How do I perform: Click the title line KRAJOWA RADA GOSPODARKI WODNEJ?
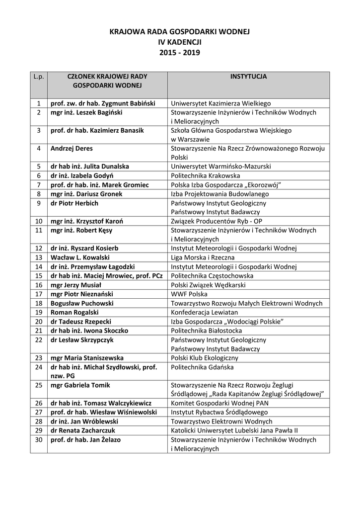click(179, 32)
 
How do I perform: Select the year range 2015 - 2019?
click(179, 52)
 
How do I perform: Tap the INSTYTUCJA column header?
click(248, 77)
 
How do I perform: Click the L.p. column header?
click(39, 77)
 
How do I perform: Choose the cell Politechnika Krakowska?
click(205, 175)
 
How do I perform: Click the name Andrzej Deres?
click(72, 148)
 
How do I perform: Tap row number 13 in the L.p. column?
click(39, 257)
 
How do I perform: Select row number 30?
click(39, 439)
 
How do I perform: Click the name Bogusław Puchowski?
click(82, 303)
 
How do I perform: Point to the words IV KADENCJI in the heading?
click(179, 42)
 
